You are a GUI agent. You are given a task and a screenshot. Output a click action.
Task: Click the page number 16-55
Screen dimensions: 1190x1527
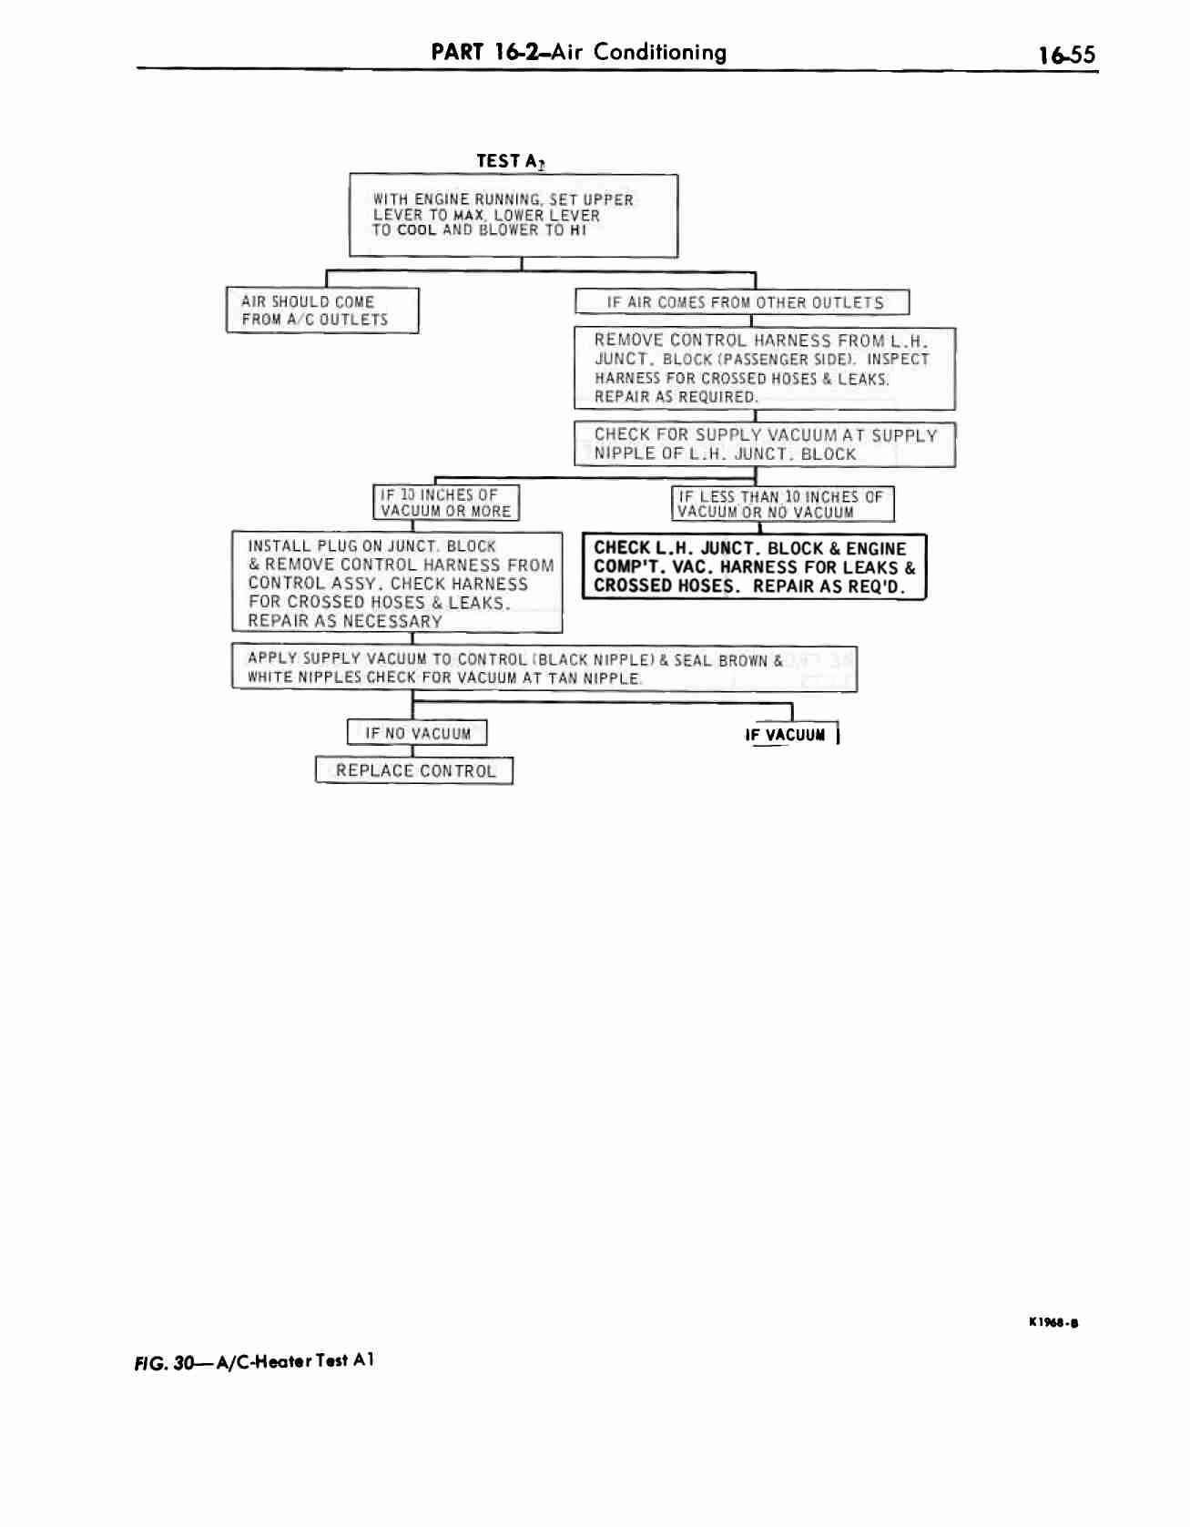(x=1067, y=56)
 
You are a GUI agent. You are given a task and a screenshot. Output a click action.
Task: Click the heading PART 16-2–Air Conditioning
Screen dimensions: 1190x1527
(x=579, y=51)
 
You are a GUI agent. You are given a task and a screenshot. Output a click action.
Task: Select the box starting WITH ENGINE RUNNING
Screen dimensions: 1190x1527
(x=514, y=216)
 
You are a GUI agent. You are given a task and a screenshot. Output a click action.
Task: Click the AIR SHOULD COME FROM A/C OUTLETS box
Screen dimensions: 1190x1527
(x=322, y=310)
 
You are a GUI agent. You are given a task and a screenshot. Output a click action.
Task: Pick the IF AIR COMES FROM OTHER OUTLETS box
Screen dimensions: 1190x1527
(x=742, y=302)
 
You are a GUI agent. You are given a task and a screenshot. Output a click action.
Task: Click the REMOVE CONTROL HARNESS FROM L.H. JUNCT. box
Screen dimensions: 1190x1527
(x=765, y=369)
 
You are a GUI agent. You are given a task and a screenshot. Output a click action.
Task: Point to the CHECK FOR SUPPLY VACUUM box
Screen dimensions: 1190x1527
(x=765, y=444)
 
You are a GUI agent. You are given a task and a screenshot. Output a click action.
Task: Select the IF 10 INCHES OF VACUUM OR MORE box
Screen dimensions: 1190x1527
(x=446, y=503)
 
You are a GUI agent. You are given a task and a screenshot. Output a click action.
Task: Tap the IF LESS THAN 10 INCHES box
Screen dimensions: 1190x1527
(x=783, y=504)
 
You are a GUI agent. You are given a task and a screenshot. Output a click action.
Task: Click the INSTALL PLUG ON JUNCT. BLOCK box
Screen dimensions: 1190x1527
(x=397, y=583)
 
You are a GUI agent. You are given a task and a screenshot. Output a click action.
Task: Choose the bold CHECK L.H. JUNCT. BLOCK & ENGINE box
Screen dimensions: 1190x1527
(x=754, y=567)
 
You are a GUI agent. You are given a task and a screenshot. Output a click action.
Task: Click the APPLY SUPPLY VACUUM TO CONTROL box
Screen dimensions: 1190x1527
(x=544, y=668)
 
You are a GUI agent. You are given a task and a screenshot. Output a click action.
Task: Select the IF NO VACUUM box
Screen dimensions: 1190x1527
(x=417, y=733)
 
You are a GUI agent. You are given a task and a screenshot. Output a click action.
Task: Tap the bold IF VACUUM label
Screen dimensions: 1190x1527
(x=785, y=735)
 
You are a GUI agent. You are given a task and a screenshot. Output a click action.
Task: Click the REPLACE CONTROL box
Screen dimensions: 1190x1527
(x=414, y=771)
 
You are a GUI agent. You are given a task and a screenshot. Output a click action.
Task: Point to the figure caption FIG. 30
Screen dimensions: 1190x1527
(x=254, y=1362)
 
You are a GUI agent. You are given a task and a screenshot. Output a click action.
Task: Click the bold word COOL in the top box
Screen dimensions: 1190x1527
(x=417, y=230)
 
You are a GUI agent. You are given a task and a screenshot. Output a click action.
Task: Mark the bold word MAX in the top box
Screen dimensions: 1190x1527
(x=469, y=216)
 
